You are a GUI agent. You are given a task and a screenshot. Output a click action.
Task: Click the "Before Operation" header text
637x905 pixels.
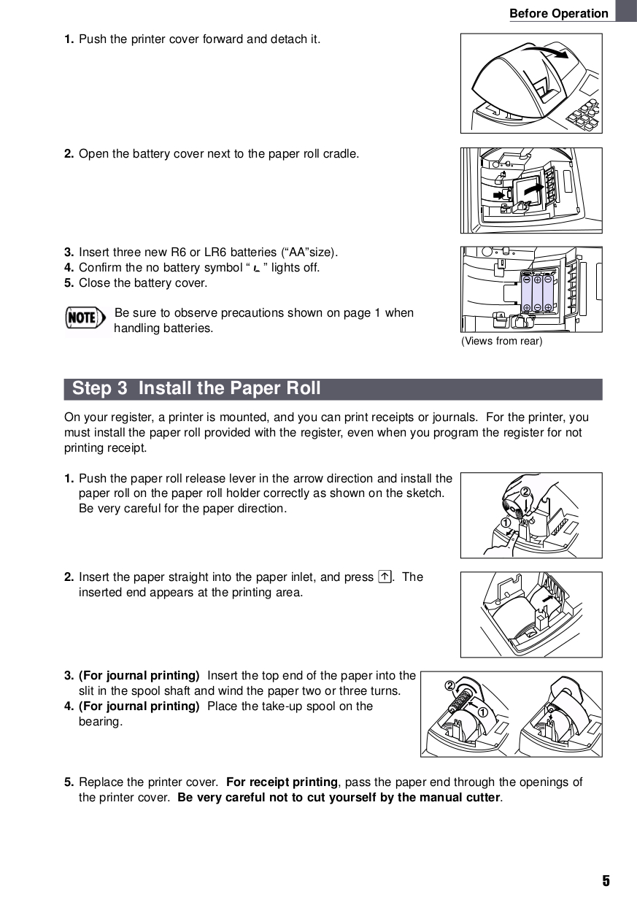pyautogui.click(x=558, y=13)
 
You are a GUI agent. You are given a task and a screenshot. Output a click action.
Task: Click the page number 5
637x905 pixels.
pyautogui.click(x=606, y=881)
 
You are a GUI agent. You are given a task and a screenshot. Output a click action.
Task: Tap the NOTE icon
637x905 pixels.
pyautogui.click(x=82, y=317)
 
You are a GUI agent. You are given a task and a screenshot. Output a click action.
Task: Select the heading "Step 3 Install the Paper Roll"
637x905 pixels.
pyautogui.click(x=196, y=388)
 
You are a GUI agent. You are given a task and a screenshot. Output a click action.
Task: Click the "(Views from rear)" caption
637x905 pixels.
pyautogui.click(x=501, y=342)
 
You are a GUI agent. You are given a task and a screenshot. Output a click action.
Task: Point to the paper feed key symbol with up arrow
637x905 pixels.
pyautogui.click(x=385, y=577)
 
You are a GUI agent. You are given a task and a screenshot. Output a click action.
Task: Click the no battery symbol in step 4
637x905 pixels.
pyautogui.click(x=256, y=269)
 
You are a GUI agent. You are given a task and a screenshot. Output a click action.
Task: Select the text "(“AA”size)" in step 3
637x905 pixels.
pyautogui.click(x=310, y=253)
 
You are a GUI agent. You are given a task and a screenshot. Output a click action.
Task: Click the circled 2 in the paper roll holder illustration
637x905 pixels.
pyautogui.click(x=525, y=491)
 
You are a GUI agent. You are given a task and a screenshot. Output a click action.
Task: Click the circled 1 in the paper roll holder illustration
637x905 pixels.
pyautogui.click(x=505, y=523)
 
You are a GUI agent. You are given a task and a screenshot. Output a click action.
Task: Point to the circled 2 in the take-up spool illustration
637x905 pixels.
pyautogui.click(x=449, y=685)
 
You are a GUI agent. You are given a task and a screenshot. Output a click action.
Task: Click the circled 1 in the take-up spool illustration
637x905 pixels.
pyautogui.click(x=482, y=712)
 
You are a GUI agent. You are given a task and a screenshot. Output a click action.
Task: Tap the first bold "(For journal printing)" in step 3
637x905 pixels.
pyautogui.click(x=139, y=676)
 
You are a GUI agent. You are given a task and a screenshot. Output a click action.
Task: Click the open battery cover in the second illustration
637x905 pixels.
pyautogui.click(x=527, y=192)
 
